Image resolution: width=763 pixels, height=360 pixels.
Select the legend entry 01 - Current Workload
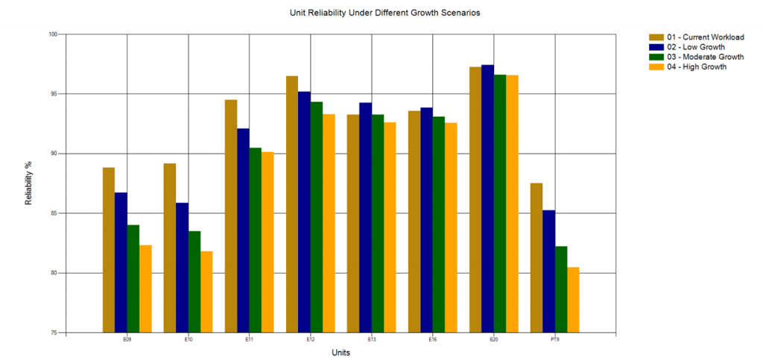coord(705,37)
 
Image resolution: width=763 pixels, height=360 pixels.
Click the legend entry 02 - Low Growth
coord(696,47)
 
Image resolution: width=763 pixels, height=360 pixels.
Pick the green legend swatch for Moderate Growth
coord(656,57)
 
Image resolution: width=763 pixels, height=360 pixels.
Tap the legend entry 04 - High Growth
coord(697,66)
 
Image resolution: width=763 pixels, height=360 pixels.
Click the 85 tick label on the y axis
coord(54,213)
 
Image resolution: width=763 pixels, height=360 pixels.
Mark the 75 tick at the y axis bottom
coord(54,332)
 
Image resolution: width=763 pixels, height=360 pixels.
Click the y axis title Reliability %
coord(29,184)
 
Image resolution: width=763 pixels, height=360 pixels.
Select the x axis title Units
coord(341,353)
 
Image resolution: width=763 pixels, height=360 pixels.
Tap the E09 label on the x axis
coord(127,340)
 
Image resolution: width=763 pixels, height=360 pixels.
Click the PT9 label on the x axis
coord(555,340)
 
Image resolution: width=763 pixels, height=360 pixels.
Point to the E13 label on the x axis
coord(372,340)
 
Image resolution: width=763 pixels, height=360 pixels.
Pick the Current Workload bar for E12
coord(292,204)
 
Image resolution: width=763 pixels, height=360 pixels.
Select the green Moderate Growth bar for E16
coord(438,224)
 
